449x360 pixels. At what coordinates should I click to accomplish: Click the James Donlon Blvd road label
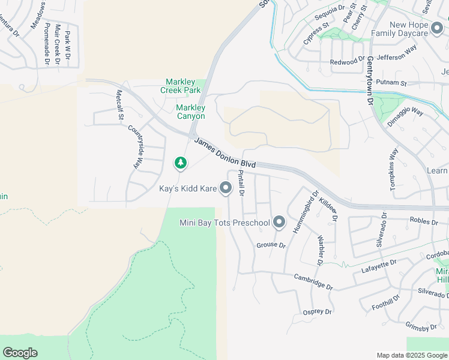tap(225, 152)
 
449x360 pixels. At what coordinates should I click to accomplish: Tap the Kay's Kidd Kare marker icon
tap(226, 188)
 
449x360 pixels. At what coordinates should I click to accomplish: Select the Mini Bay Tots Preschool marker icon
tap(279, 223)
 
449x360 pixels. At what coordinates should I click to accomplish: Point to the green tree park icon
tap(180, 163)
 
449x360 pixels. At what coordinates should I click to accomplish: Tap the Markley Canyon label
tap(190, 112)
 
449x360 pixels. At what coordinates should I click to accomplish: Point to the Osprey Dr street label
tap(318, 311)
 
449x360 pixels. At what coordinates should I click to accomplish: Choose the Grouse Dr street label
tap(271, 245)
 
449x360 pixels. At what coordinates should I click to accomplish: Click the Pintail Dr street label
tap(241, 183)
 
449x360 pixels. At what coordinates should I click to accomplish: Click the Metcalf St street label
tap(119, 104)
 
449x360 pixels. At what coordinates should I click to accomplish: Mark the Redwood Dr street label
tap(348, 62)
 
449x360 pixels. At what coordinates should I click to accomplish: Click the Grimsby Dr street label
tap(421, 327)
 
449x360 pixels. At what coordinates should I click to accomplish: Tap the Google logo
tap(20, 353)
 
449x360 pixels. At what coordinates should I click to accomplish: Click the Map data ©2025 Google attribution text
tap(411, 355)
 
